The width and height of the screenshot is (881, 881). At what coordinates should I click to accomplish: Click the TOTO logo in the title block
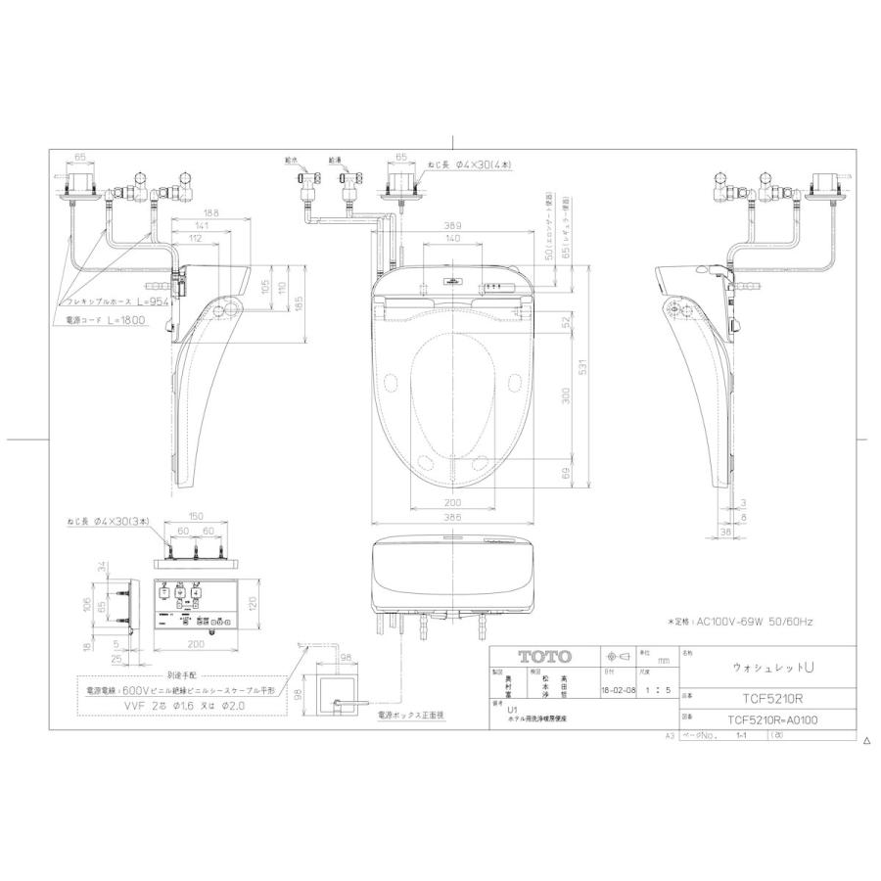(536, 657)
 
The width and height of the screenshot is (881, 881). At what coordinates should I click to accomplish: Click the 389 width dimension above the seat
(452, 224)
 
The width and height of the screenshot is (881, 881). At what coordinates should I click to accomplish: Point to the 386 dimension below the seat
(450, 515)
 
